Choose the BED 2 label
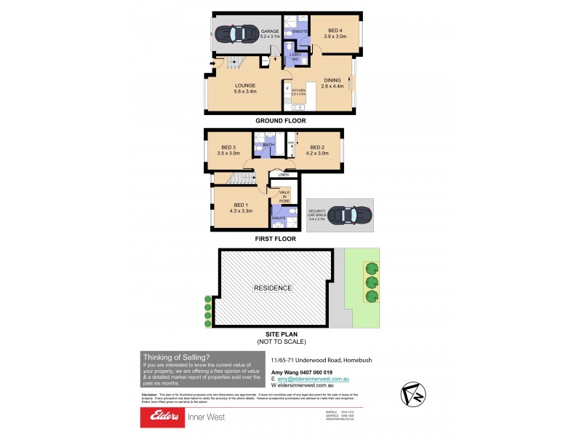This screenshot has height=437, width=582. click(318, 150)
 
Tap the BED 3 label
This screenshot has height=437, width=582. click(228, 150)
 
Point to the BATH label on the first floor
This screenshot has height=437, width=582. click(268, 146)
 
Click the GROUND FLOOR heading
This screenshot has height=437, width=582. click(280, 121)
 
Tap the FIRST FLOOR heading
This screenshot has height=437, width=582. click(275, 238)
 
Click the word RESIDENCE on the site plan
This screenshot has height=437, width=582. click(273, 288)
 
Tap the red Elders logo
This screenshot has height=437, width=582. click(165, 417)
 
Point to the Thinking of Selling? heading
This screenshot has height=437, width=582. click(176, 357)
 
